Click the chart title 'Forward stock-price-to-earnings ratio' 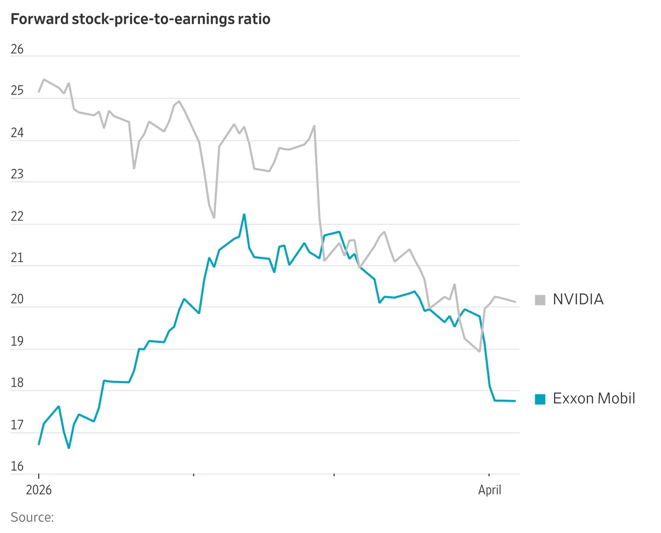140,19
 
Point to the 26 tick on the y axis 17,49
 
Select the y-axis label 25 17,91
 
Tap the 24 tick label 17,133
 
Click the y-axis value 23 17,175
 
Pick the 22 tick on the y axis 17,217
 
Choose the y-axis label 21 17,259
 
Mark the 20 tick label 17,300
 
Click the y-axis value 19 17,342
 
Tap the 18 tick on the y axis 17,384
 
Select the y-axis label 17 17,426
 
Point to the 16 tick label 17,467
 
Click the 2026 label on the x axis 39,490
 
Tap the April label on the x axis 489,490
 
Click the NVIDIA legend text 578,299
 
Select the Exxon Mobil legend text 594,399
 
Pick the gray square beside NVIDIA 540,300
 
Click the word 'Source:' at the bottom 32,518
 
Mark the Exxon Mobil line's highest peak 244,214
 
